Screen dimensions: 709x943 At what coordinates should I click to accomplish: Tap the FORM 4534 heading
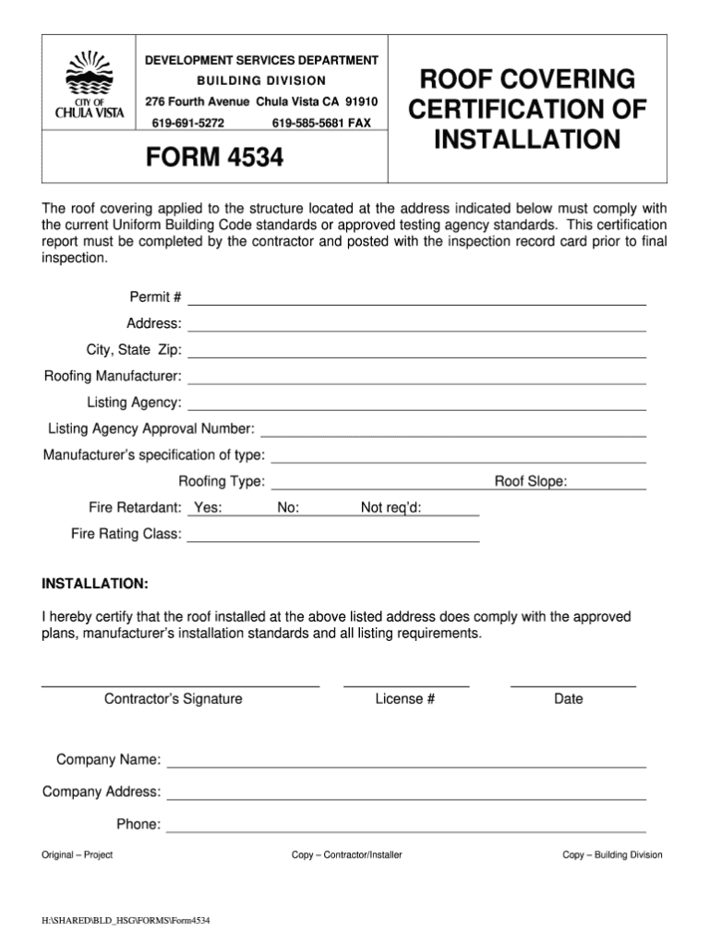(214, 159)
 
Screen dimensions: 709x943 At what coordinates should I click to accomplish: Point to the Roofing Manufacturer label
(113, 377)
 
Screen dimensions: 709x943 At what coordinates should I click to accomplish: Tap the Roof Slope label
(531, 481)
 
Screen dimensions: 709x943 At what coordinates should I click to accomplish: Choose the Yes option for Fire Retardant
(208, 508)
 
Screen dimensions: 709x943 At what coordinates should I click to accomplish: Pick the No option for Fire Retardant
(288, 508)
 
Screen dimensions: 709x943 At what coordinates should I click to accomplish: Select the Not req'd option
(391, 508)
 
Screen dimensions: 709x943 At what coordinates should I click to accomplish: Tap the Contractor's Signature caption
(174, 699)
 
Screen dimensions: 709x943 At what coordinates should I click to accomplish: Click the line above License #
(406, 686)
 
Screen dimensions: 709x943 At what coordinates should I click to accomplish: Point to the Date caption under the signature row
(569, 699)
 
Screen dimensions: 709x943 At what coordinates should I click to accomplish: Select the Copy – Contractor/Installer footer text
(347, 855)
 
